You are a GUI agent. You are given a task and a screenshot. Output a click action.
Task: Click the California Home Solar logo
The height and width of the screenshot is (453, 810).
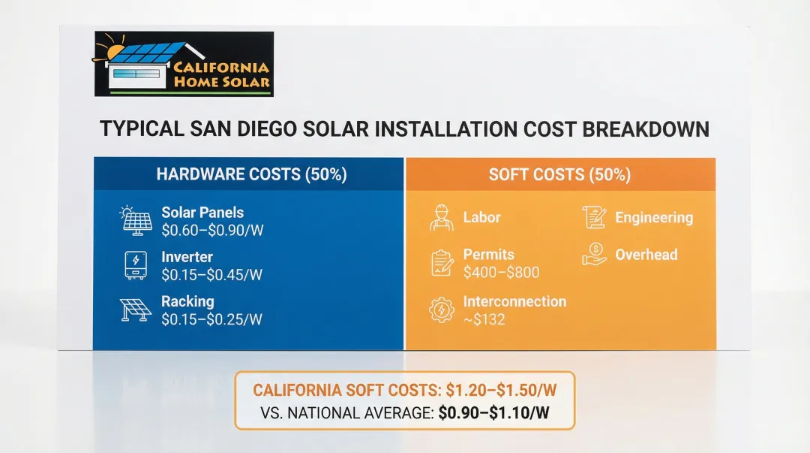[x=184, y=64]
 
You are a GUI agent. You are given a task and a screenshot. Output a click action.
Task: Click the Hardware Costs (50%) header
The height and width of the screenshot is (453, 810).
[x=251, y=175]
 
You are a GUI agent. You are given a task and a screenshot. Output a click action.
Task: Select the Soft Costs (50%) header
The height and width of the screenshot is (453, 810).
[x=559, y=175]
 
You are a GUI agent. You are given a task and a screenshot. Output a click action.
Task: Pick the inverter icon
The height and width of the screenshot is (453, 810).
[x=136, y=264]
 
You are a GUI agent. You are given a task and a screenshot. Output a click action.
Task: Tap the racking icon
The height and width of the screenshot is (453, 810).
[x=136, y=310]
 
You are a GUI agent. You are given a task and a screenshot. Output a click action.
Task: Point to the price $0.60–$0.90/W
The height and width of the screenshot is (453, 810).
[x=211, y=231]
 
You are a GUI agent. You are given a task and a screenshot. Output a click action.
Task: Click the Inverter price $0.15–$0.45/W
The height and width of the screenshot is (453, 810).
[x=211, y=275]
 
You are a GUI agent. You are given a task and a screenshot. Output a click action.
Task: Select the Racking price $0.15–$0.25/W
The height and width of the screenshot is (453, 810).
[x=211, y=319]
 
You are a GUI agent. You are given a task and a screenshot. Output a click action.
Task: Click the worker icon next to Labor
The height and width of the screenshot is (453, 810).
[x=442, y=218]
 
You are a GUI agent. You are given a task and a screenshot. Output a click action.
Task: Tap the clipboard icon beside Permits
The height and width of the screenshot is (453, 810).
[x=442, y=263]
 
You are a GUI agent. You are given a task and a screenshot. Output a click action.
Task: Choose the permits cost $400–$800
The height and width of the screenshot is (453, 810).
[x=501, y=273]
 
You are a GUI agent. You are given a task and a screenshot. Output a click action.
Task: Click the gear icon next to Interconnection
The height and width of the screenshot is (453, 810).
[x=442, y=310]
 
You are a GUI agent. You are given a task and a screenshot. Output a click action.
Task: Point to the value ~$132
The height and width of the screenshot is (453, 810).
[x=484, y=319]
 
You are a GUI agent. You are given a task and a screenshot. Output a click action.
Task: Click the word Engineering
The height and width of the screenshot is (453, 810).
[x=654, y=218]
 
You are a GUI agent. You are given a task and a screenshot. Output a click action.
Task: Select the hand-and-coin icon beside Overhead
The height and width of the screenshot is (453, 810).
[x=594, y=254]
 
